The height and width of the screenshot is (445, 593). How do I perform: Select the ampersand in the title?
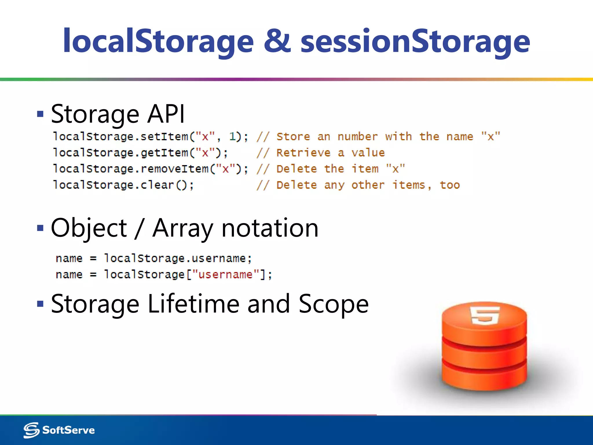[x=277, y=41]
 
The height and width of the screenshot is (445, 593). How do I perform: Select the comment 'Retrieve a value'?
[x=330, y=153]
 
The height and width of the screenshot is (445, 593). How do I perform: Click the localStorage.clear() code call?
[x=123, y=185]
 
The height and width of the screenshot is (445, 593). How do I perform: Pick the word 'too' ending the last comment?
[x=450, y=185]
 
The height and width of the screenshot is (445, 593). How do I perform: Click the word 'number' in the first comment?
[x=357, y=136]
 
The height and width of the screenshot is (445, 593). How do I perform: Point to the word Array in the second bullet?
[x=183, y=228]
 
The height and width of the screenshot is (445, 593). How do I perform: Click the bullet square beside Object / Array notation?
[x=40, y=228]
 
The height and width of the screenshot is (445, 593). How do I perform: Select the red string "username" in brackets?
[x=226, y=274]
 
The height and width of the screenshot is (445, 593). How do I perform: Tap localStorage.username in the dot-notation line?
[x=177, y=258]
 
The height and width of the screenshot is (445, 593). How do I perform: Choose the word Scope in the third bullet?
[x=333, y=304]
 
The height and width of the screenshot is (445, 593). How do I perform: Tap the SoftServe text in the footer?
[x=68, y=430]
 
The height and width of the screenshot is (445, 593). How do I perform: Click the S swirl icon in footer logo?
[x=31, y=430]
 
